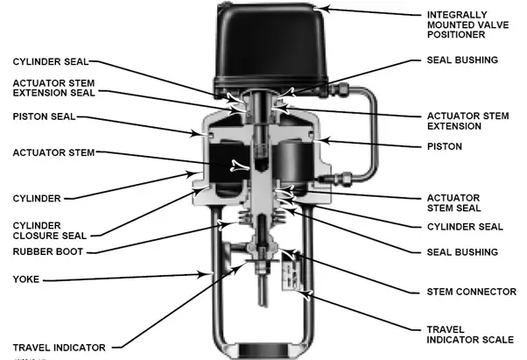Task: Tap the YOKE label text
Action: (26, 281)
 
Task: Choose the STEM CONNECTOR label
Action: (470, 292)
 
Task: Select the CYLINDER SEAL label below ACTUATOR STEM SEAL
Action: (465, 227)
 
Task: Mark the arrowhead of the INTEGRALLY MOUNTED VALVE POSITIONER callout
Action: (326, 9)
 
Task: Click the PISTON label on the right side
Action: (445, 145)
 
